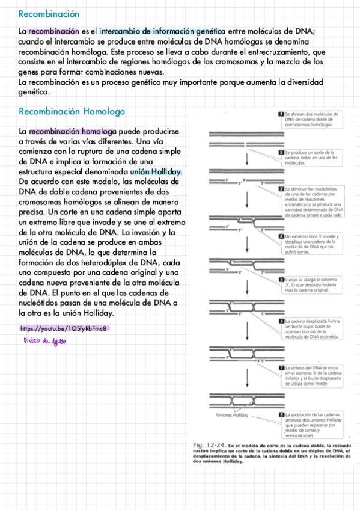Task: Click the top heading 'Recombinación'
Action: pyautogui.click(x=49, y=14)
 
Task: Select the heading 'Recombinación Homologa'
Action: pyautogui.click(x=72, y=111)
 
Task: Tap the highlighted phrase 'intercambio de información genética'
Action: pyautogui.click(x=162, y=31)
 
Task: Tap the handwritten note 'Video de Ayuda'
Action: pyautogui.click(x=45, y=342)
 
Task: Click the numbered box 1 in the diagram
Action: pyautogui.click(x=281, y=114)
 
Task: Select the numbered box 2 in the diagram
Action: pyautogui.click(x=281, y=153)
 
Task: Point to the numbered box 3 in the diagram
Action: pyautogui.click(x=281, y=189)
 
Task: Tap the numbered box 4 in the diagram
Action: pyautogui.click(x=281, y=236)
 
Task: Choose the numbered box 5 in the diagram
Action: pyautogui.click(x=281, y=280)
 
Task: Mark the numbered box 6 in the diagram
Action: pyautogui.click(x=281, y=321)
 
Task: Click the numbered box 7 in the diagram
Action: pyautogui.click(x=281, y=367)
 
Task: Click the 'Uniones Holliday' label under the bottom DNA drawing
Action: pyautogui.click(x=232, y=416)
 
